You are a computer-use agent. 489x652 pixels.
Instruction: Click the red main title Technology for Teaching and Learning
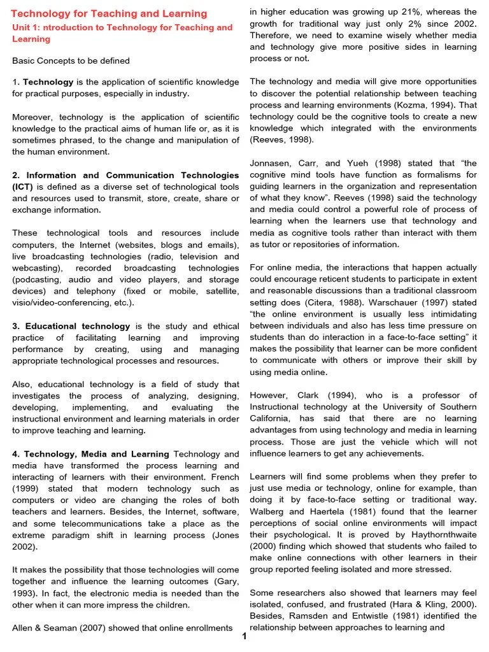pos(110,13)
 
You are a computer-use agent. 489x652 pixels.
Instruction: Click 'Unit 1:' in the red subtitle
pos(28,27)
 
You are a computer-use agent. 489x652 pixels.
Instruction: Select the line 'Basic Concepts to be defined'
pos(71,60)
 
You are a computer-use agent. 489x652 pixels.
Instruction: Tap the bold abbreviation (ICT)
pos(23,187)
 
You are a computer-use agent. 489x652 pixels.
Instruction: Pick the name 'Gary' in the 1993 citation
pos(227,581)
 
